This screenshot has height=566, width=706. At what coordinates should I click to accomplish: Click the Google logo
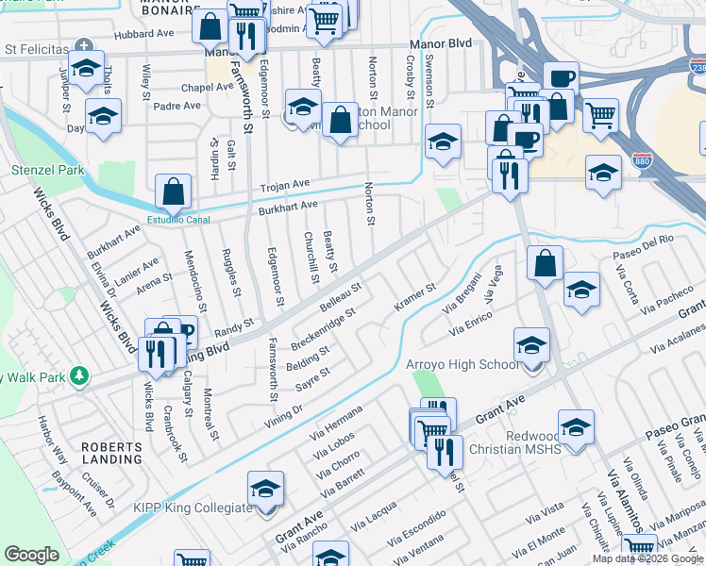[x=31, y=555]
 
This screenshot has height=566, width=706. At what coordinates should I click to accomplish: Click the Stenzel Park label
[x=47, y=171]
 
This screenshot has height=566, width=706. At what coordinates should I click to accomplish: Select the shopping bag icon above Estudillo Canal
[x=175, y=193]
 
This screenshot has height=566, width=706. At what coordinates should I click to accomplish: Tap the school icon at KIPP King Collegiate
[x=266, y=490]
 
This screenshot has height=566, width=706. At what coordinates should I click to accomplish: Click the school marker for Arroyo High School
[x=532, y=345]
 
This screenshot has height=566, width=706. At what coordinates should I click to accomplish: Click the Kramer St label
[x=414, y=299]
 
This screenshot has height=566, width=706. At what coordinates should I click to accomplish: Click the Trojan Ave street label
[x=285, y=185]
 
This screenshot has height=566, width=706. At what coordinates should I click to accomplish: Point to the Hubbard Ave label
[x=144, y=34]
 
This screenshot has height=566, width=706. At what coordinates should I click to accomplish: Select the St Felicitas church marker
[x=85, y=45]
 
